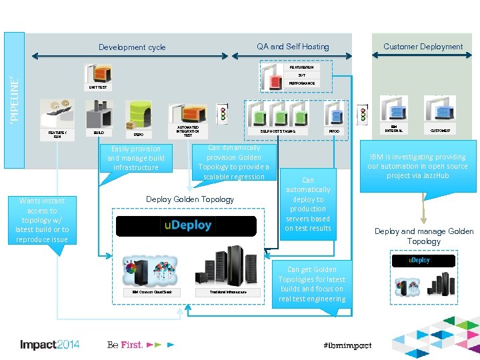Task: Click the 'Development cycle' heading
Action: click(x=132, y=47)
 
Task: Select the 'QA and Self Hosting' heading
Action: click(x=293, y=47)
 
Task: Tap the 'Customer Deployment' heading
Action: click(x=423, y=47)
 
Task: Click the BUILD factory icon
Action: click(x=99, y=115)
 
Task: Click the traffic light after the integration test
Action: click(x=223, y=113)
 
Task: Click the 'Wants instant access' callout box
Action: click(x=43, y=220)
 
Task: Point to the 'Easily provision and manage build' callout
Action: click(x=136, y=158)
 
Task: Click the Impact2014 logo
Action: click(x=50, y=345)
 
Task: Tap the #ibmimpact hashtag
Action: click(x=347, y=345)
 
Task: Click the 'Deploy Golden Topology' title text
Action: click(x=190, y=199)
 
